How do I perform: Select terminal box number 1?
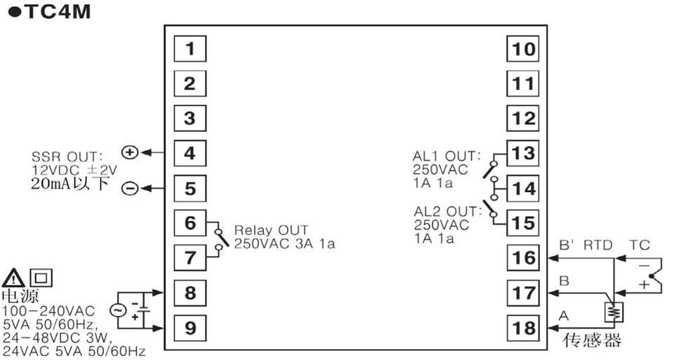tap(190, 48)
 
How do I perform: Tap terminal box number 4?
tap(190, 153)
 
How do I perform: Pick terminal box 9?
tap(190, 328)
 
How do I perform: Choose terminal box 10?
tap(523, 48)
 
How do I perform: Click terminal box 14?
tap(523, 188)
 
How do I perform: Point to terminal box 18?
tap(523, 328)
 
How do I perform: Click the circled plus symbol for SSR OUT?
tap(130, 152)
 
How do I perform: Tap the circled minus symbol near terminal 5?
tap(130, 188)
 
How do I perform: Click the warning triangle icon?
tap(13, 279)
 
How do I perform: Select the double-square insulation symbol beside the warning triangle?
tap(41, 278)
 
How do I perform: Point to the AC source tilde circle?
tap(117, 310)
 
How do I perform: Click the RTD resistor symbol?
tap(614, 312)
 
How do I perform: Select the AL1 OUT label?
tap(447, 156)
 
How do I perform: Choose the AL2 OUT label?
tap(448, 211)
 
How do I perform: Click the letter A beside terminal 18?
tap(564, 316)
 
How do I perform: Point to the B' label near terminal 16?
tap(566, 246)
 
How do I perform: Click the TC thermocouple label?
tap(640, 246)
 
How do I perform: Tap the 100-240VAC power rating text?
tap(48, 311)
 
